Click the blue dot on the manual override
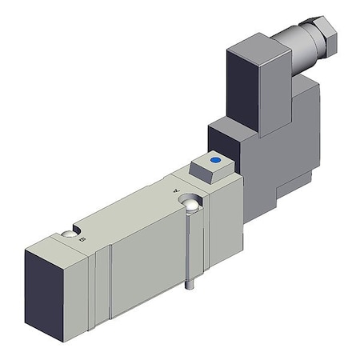pyautogui.click(x=214, y=160)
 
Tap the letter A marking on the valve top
pyautogui.click(x=177, y=190)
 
